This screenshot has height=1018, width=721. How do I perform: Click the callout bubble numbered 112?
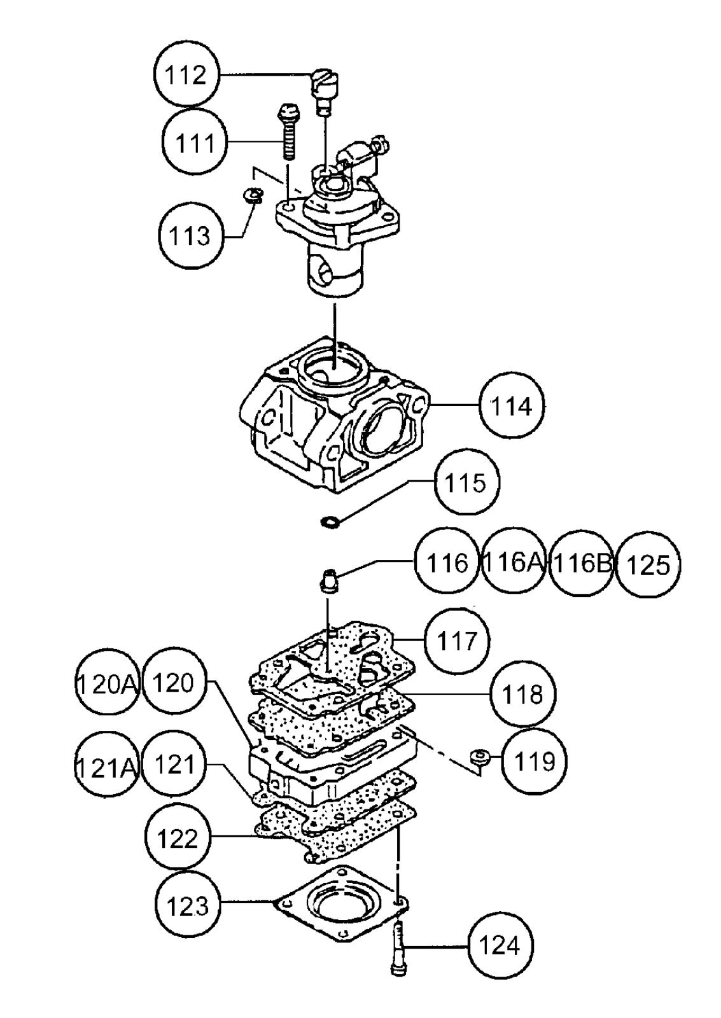click(x=185, y=75)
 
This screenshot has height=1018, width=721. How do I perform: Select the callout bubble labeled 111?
click(x=195, y=143)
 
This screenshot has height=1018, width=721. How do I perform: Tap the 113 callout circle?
click(x=190, y=236)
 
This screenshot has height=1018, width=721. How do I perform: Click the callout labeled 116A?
click(x=514, y=562)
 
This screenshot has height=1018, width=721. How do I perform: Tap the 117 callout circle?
click(x=457, y=641)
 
